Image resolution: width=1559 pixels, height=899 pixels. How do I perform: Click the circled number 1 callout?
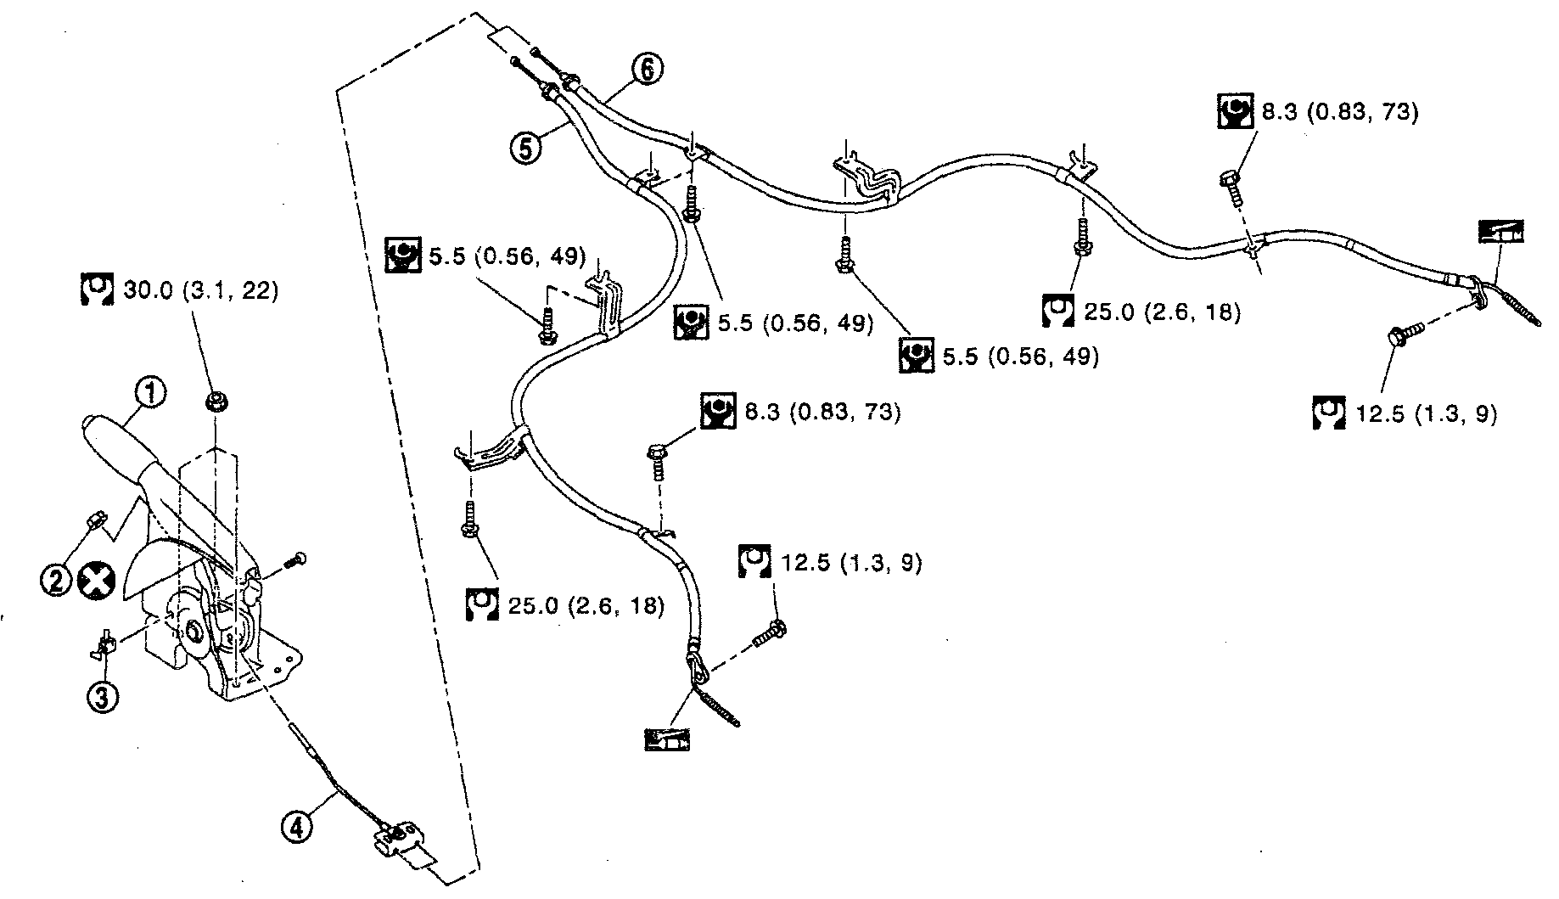tap(152, 394)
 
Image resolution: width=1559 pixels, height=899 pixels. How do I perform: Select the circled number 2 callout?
tap(56, 581)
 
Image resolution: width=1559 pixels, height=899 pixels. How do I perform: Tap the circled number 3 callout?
tap(103, 697)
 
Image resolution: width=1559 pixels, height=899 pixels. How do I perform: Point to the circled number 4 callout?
tap(297, 826)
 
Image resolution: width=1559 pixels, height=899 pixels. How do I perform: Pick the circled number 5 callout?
tap(526, 148)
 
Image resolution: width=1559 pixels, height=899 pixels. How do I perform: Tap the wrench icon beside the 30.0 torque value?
tap(97, 290)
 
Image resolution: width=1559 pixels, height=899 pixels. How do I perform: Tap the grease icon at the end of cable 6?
tap(1500, 232)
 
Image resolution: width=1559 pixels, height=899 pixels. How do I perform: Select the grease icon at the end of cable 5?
tap(667, 739)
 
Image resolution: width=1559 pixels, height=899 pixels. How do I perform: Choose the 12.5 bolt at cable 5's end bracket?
tap(768, 632)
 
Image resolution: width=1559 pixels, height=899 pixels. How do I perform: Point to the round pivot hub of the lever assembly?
tap(191, 632)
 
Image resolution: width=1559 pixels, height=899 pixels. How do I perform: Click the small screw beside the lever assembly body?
tap(295, 559)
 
